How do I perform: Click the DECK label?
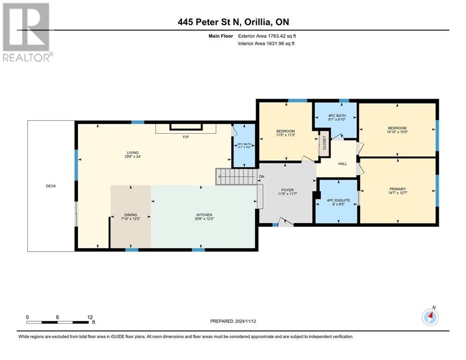pyautogui.click(x=51, y=186)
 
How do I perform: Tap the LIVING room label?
pyautogui.click(x=133, y=152)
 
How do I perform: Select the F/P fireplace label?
pyautogui.click(x=185, y=138)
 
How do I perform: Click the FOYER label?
pyautogui.click(x=288, y=190)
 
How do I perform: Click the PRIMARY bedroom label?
pyautogui.click(x=397, y=190)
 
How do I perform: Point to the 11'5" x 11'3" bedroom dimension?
pyautogui.click(x=285, y=136)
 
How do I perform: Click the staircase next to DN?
pyautogui.click(x=236, y=177)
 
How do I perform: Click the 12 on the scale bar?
pyautogui.click(x=89, y=316)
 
